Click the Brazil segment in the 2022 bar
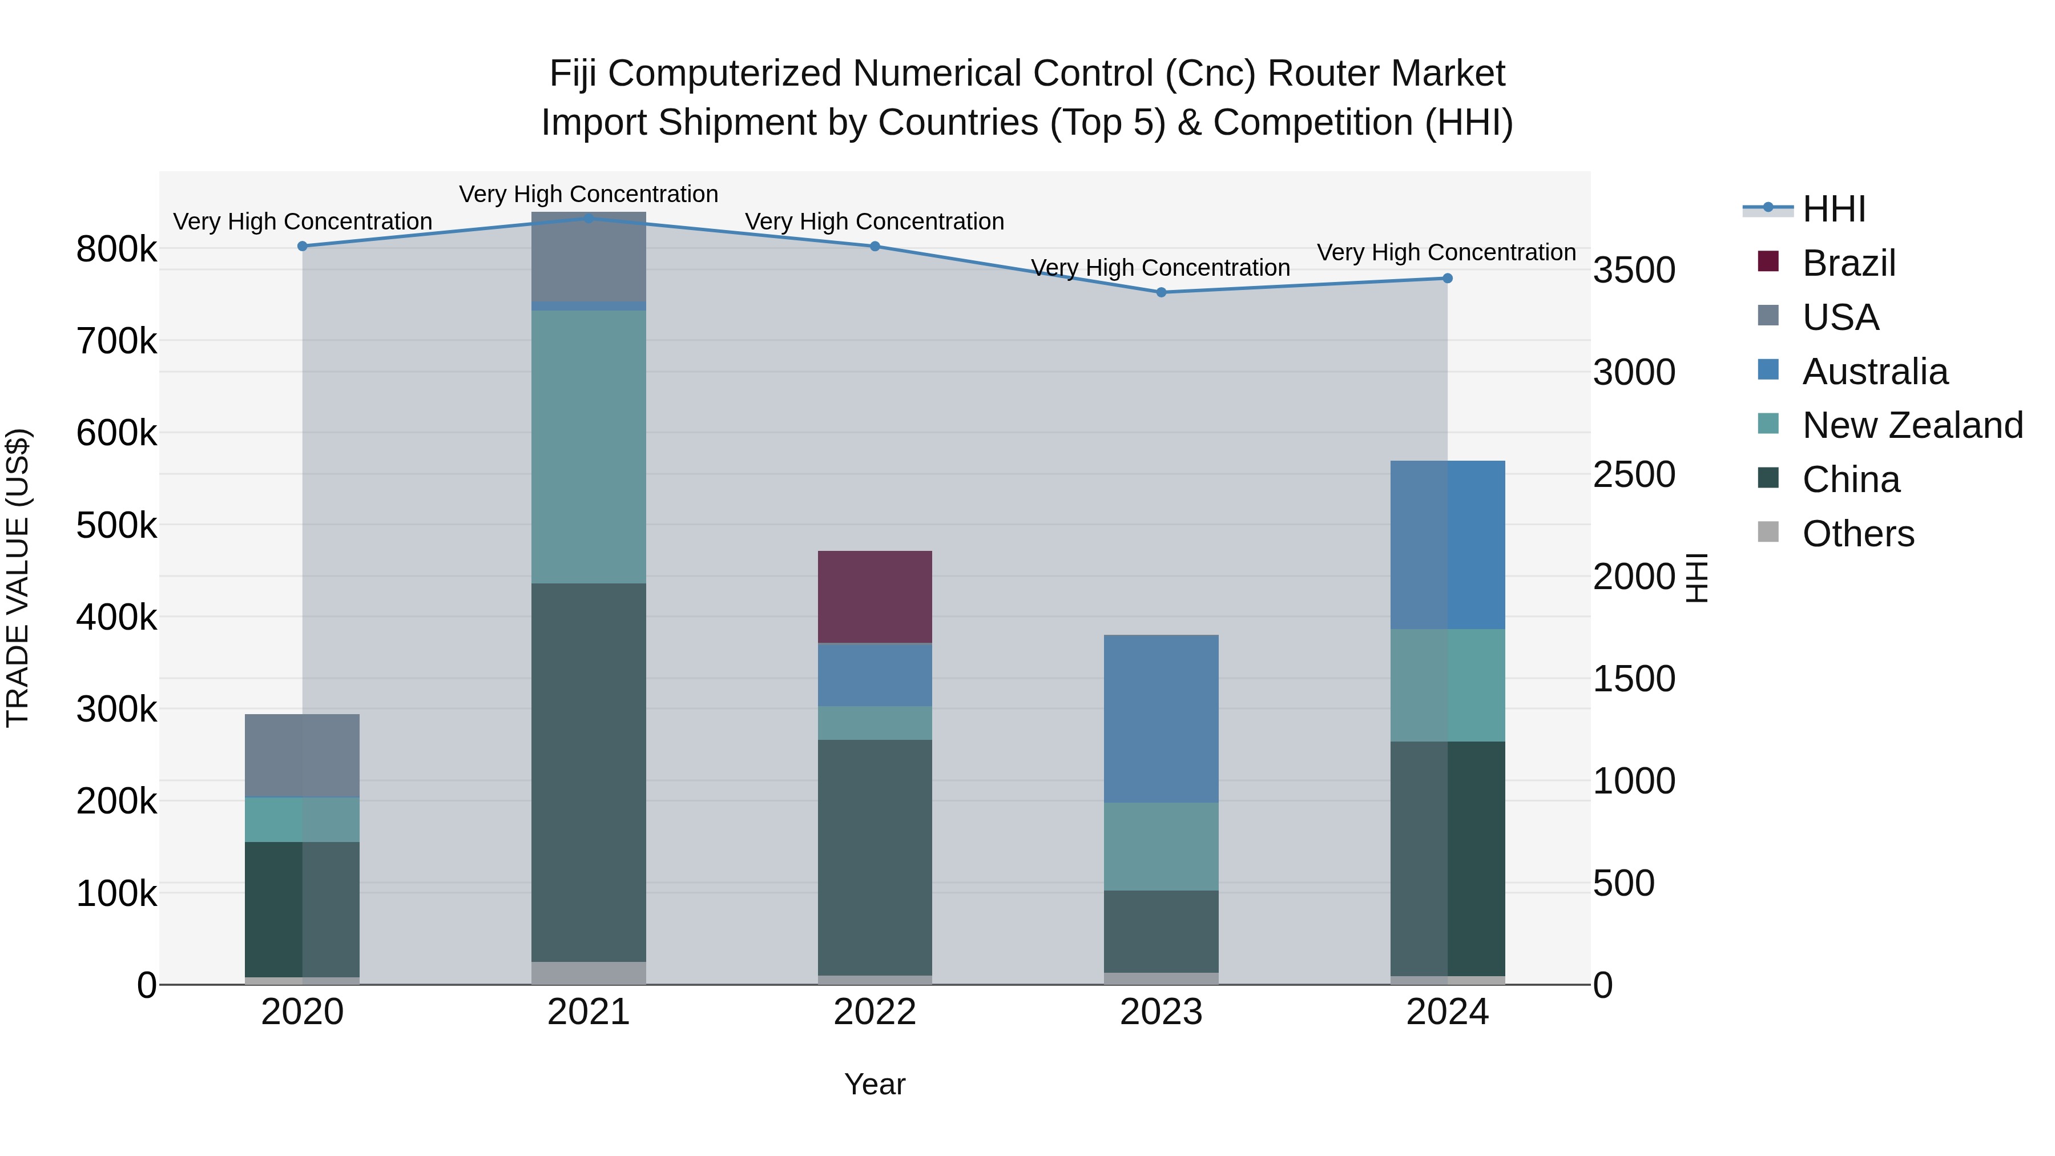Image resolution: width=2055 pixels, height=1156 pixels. coord(875,597)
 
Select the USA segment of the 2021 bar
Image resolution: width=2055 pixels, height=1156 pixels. coord(588,257)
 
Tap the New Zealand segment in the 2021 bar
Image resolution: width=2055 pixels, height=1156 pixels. coord(588,447)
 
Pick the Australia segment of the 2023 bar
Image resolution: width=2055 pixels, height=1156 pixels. coord(1161,718)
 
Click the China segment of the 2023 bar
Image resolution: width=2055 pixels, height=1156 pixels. coord(1161,931)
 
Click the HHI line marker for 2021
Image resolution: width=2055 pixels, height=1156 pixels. coord(588,218)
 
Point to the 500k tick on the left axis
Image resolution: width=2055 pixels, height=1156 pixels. coord(116,526)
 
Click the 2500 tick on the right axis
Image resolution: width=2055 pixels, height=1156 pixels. coord(1634,475)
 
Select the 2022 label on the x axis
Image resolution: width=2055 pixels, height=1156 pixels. coord(875,1012)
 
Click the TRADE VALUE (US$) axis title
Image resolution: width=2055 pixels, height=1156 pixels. coord(18,578)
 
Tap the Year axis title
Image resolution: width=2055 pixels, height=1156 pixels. coord(875,1084)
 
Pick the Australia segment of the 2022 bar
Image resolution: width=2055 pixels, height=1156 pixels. coord(875,674)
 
